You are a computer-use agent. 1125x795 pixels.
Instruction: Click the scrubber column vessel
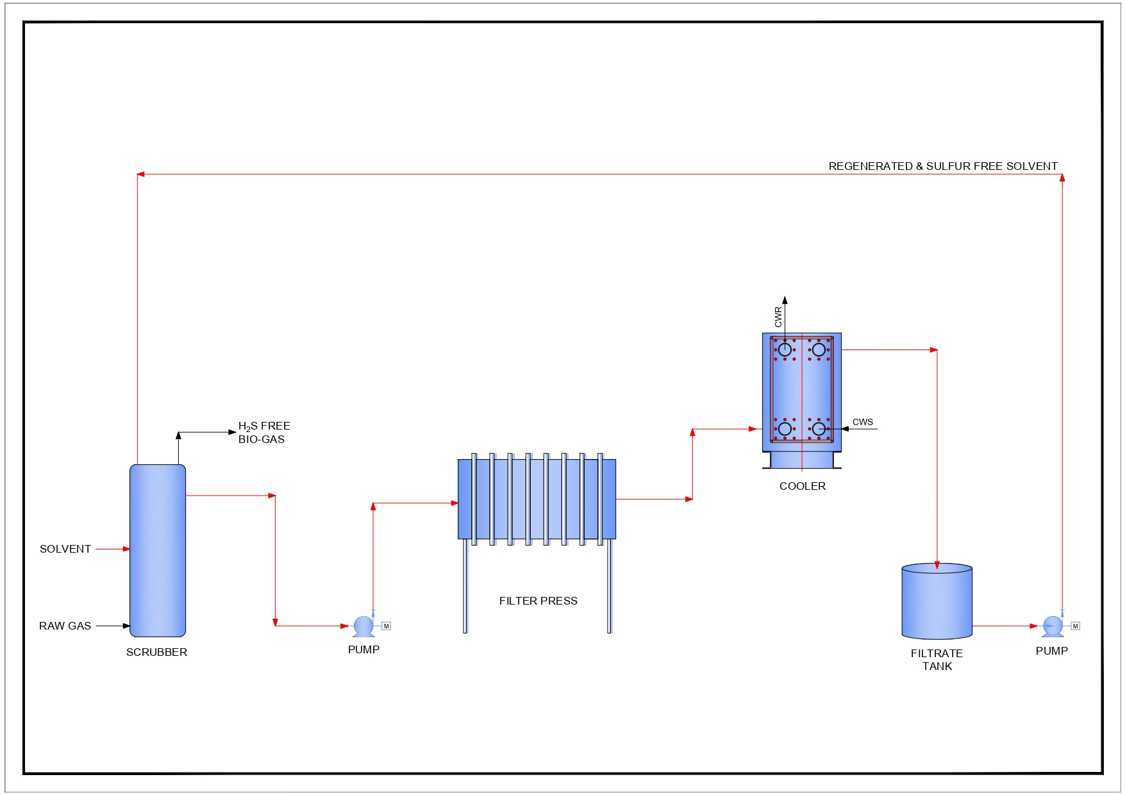click(x=158, y=550)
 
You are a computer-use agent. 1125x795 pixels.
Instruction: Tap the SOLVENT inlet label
click(x=65, y=549)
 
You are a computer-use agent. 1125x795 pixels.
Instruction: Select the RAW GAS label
click(x=65, y=626)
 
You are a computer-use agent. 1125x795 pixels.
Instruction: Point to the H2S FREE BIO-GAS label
click(x=263, y=433)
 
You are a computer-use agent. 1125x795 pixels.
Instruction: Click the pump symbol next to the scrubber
click(x=363, y=626)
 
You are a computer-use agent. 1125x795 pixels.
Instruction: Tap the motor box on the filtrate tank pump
click(x=1076, y=626)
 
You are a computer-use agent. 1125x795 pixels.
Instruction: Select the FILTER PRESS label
click(x=538, y=601)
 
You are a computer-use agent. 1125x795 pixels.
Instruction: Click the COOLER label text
click(x=802, y=486)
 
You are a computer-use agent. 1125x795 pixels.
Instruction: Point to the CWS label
click(x=862, y=422)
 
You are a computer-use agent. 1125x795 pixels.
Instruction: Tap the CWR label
click(x=778, y=316)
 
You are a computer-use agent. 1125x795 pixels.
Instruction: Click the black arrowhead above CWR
click(x=785, y=299)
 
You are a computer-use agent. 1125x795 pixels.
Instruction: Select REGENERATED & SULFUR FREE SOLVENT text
click(x=942, y=166)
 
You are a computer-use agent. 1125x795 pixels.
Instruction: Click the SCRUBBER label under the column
click(x=156, y=652)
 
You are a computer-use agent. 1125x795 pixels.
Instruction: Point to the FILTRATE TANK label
click(x=937, y=660)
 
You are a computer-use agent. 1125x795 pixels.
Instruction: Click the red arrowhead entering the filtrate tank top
click(x=937, y=565)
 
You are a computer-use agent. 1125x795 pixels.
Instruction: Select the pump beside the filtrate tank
click(x=1053, y=626)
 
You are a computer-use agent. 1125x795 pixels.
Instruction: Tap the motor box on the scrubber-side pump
click(x=386, y=626)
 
